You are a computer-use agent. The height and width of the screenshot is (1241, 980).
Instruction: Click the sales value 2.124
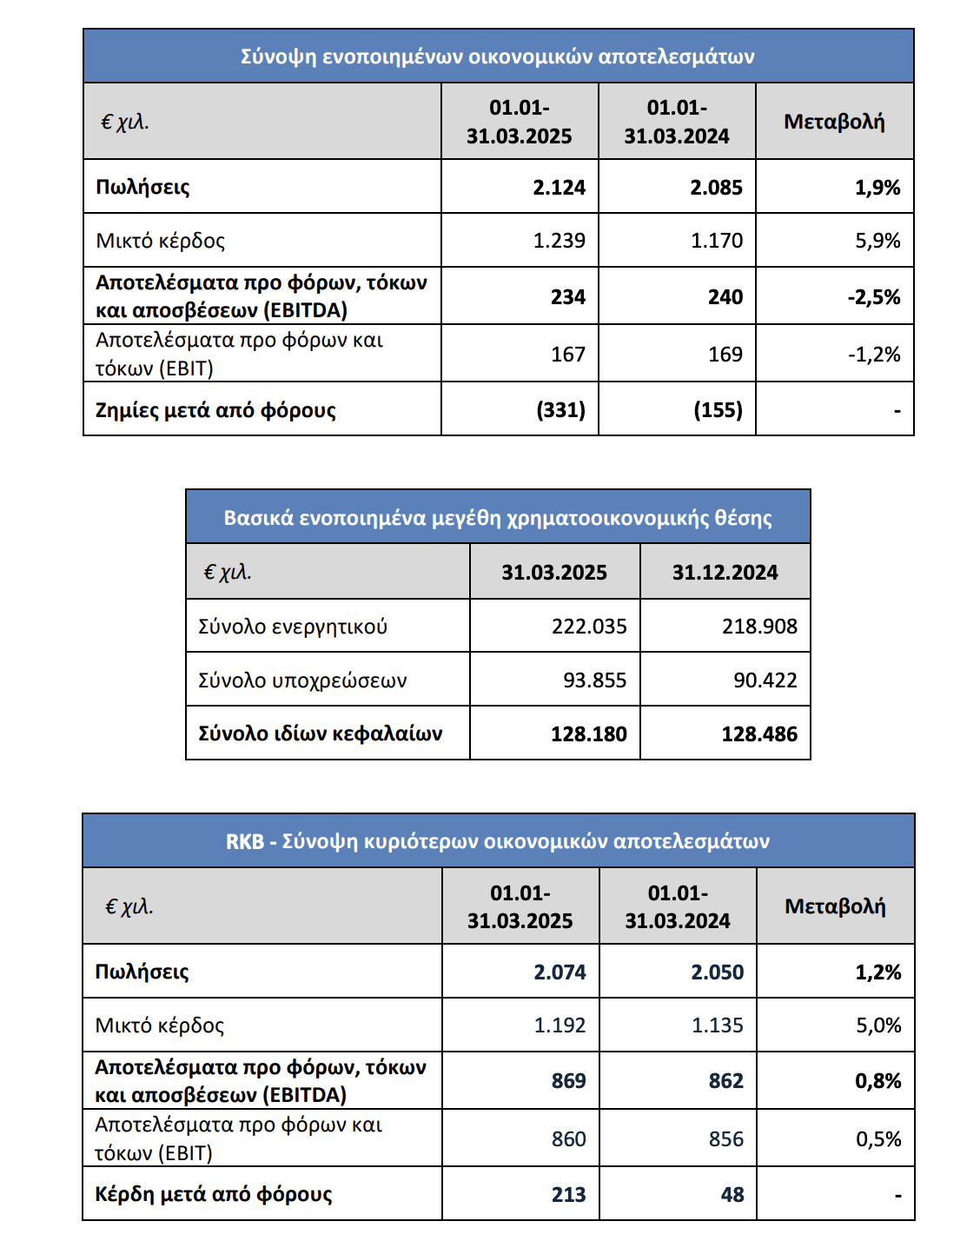[559, 188]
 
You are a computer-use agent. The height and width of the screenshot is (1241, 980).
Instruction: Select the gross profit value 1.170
[717, 241]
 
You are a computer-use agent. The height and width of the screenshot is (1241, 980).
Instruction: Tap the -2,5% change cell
[874, 297]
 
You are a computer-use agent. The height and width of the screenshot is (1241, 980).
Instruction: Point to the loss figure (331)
[560, 410]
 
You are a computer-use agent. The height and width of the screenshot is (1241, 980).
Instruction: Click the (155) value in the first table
[718, 410]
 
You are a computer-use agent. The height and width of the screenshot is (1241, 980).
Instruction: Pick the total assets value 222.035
[588, 627]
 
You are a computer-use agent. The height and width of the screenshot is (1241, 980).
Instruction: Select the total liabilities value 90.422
[765, 680]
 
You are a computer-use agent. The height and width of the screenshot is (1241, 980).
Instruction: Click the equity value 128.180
[588, 734]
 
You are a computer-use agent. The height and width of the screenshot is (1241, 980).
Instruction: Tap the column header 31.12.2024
[725, 573]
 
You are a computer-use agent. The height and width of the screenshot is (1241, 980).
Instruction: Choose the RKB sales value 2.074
[560, 972]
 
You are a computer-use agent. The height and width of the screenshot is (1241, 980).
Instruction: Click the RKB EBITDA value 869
[568, 1081]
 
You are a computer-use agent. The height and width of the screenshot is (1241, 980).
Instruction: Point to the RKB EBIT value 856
[725, 1139]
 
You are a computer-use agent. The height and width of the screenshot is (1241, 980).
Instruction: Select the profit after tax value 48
[732, 1194]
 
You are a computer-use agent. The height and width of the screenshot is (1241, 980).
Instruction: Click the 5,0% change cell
[878, 1025]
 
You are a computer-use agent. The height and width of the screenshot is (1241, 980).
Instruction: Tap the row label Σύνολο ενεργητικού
[293, 627]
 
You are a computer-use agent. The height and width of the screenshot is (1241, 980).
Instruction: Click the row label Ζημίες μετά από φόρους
[215, 410]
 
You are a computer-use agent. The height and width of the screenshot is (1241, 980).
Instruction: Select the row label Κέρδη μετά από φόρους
[214, 1194]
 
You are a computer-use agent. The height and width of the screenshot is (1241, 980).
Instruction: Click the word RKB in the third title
[244, 842]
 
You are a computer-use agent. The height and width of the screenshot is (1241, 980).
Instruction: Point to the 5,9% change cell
[877, 241]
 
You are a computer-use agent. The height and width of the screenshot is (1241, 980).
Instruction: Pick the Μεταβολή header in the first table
[834, 122]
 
